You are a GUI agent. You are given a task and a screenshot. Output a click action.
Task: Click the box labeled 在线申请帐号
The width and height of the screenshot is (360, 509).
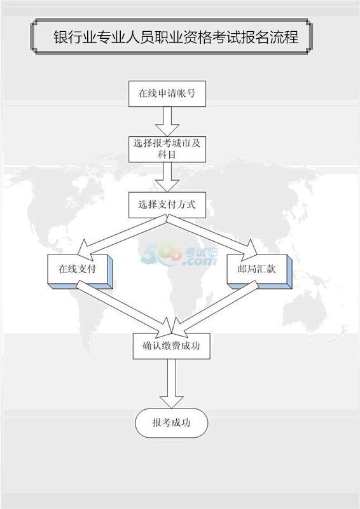[167, 94]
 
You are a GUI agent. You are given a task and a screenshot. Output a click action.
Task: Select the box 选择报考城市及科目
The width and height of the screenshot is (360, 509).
[167, 150]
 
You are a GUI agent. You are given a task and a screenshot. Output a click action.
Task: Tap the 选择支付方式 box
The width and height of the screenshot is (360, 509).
[167, 205]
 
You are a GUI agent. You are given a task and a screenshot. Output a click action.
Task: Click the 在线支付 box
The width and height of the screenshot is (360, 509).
[77, 268]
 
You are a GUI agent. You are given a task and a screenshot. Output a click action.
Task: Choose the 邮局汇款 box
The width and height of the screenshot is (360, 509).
[257, 268]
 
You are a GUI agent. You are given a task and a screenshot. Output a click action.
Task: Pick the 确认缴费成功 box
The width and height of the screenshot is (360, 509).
[171, 346]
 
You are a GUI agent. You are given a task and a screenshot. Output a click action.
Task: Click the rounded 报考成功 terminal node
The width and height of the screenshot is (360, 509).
[171, 422]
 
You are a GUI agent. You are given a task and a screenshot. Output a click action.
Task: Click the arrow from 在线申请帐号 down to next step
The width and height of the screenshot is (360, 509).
[167, 122]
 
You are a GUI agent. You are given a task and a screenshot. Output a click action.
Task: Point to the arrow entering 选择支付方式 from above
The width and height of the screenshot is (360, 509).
[167, 178]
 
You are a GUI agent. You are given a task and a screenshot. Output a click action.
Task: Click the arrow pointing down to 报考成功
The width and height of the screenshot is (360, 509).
[171, 384]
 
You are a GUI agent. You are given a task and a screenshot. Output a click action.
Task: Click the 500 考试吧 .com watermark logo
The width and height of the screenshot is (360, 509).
[179, 254]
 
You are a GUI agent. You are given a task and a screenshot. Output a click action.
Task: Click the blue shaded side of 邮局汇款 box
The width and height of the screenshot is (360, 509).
[289, 272]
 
